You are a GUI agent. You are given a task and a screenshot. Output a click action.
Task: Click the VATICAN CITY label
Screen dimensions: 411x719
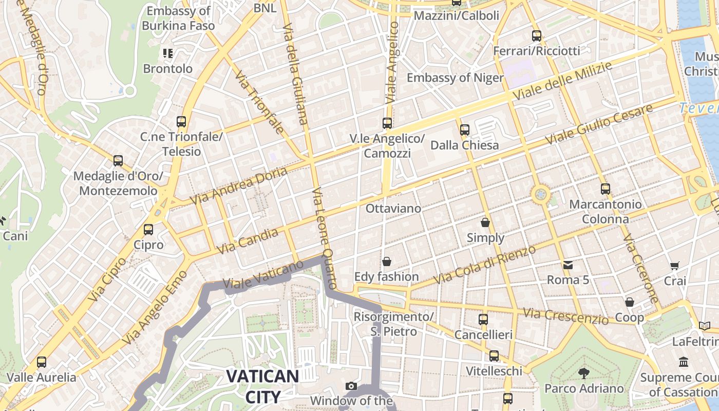tap(262, 386)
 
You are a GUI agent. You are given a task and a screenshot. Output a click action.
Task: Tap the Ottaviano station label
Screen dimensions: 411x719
tap(393, 208)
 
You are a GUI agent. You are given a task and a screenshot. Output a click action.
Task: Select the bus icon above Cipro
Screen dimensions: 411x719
tap(148, 230)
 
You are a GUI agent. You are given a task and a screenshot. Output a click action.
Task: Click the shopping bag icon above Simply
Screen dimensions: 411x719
tap(485, 222)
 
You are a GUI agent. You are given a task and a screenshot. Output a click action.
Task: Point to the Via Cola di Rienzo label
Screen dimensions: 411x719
tap(485, 265)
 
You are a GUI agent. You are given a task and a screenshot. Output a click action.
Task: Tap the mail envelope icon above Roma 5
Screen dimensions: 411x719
tap(568, 265)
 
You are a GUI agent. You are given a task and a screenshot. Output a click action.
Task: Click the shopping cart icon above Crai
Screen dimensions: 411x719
tap(675, 266)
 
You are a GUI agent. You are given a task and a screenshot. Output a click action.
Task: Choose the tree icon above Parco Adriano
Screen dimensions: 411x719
tap(583, 373)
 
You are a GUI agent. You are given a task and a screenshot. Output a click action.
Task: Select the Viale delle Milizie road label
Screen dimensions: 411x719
tap(562, 81)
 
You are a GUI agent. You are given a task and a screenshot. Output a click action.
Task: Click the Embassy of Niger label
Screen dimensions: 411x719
tap(455, 78)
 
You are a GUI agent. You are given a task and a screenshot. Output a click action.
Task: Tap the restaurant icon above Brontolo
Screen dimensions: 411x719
tap(168, 53)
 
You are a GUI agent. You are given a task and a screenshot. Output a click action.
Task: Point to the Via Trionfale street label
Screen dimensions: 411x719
tap(260, 102)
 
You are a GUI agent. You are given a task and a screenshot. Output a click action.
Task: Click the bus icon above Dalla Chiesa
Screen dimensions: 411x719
tap(465, 130)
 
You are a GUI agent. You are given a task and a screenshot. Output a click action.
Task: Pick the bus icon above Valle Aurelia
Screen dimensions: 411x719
tap(42, 362)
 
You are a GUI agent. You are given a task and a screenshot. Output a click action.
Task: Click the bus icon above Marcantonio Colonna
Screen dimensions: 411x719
tap(606, 189)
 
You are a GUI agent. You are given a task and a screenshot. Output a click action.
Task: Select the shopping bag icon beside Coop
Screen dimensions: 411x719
tap(630, 302)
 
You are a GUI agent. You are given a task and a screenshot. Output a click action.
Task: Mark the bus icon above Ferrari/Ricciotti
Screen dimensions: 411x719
tap(537, 36)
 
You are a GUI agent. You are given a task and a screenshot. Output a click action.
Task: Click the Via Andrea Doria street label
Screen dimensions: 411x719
tap(238, 186)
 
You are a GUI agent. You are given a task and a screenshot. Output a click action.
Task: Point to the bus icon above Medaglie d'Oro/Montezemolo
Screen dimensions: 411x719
tap(118, 161)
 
